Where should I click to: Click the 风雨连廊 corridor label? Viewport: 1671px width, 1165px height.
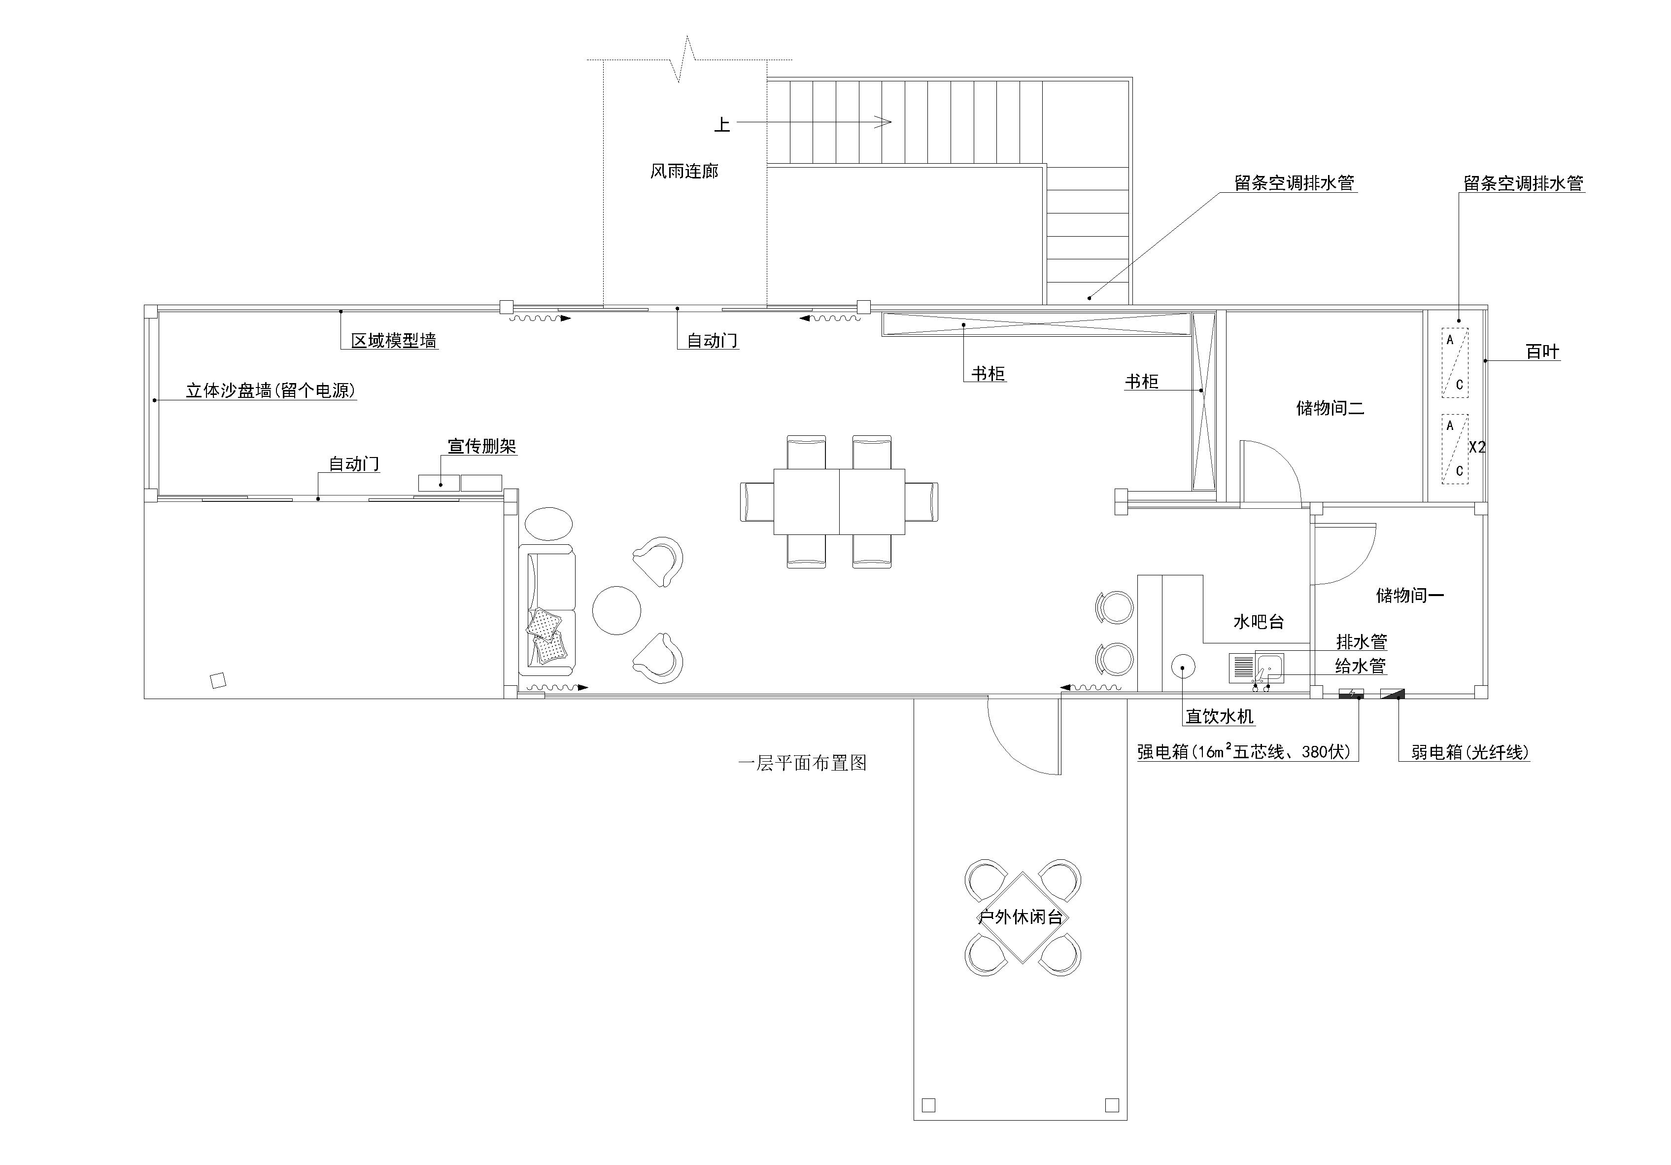[684, 171]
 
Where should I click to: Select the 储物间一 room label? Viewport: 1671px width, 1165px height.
[1410, 595]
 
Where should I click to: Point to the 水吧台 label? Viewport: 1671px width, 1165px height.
[1259, 621]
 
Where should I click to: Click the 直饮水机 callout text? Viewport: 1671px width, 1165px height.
[1220, 716]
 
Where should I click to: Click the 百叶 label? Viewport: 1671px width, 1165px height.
[1543, 352]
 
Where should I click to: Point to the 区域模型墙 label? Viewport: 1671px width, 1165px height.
[394, 340]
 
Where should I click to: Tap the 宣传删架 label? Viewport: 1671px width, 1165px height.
[482, 446]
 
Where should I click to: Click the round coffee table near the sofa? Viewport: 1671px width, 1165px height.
[616, 610]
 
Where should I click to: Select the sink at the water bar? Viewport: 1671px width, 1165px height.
[1270, 668]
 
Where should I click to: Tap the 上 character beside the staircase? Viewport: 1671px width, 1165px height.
[722, 125]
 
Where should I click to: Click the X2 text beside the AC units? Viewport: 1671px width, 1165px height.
[1477, 447]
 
